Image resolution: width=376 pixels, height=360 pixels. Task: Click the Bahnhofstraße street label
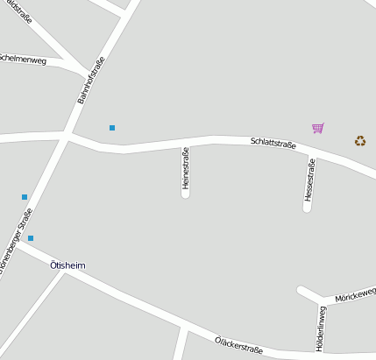tap(90, 81)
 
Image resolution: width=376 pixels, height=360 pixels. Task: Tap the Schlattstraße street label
tap(273, 142)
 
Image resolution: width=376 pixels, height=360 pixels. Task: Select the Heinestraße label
tap(185, 166)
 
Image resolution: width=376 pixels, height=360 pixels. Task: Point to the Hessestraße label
tap(309, 180)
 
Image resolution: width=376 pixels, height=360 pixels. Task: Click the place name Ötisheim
tap(68, 265)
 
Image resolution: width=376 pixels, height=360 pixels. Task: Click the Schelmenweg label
tap(23, 59)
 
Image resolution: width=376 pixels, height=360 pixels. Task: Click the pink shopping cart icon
tap(317, 129)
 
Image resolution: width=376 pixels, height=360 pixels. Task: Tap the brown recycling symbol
tap(360, 140)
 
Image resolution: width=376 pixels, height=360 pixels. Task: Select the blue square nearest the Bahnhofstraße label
tap(112, 128)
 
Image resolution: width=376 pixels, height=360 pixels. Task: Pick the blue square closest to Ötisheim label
tap(31, 238)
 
